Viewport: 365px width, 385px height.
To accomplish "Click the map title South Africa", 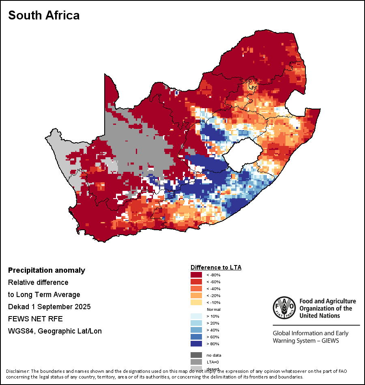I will pyautogui.click(x=44, y=15).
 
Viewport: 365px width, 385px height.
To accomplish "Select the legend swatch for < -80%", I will pyautogui.click(x=196, y=275).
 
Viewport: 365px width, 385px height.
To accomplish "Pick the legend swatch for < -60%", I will pyautogui.click(x=196, y=282).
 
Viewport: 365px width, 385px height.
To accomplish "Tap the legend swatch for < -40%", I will pyautogui.click(x=196, y=289).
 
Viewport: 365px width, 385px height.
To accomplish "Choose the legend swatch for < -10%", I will pyautogui.click(x=196, y=303).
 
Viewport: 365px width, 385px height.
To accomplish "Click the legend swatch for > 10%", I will pyautogui.click(x=196, y=317).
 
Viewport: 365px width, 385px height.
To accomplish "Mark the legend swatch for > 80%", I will pyautogui.click(x=196, y=344).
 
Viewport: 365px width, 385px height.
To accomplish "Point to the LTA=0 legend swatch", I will pyautogui.click(x=196, y=362).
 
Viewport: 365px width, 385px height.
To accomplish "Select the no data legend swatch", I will pyautogui.click(x=196, y=355).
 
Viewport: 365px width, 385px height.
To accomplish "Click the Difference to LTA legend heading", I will pyautogui.click(x=216, y=267).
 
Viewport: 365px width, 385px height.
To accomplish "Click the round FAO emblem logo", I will pyautogui.click(x=284, y=308).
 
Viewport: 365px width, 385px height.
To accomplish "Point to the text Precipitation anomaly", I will pyautogui.click(x=47, y=270).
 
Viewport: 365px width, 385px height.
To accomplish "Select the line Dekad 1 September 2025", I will pyautogui.click(x=49, y=307).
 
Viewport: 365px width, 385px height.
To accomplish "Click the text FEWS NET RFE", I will pyautogui.click(x=35, y=319).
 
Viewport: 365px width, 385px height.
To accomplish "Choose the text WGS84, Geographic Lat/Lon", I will pyautogui.click(x=55, y=331).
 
